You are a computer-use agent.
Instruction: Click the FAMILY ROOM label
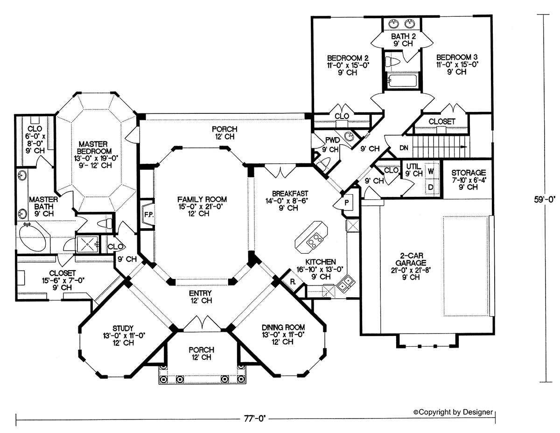click(x=202, y=199)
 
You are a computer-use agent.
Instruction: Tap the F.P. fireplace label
click(x=149, y=215)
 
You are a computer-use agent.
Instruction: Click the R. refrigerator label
click(x=293, y=282)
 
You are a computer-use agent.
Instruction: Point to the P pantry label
click(x=347, y=203)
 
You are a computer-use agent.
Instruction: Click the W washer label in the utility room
click(x=431, y=171)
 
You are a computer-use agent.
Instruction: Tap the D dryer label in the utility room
click(x=431, y=187)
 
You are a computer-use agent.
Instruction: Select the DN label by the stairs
click(x=404, y=148)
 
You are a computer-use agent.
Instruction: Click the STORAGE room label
click(x=469, y=172)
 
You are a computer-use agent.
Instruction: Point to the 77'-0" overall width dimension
click(x=255, y=419)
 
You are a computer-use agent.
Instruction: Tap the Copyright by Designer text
click(x=453, y=412)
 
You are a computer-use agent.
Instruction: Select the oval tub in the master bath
click(x=33, y=238)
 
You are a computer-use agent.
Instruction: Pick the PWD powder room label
click(x=332, y=140)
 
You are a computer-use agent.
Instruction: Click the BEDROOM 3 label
click(x=457, y=57)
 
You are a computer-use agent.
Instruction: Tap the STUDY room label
click(x=123, y=328)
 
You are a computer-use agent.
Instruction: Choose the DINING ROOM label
click(x=283, y=328)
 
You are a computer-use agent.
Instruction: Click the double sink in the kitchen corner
click(x=346, y=283)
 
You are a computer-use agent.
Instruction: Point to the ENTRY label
click(x=200, y=293)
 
